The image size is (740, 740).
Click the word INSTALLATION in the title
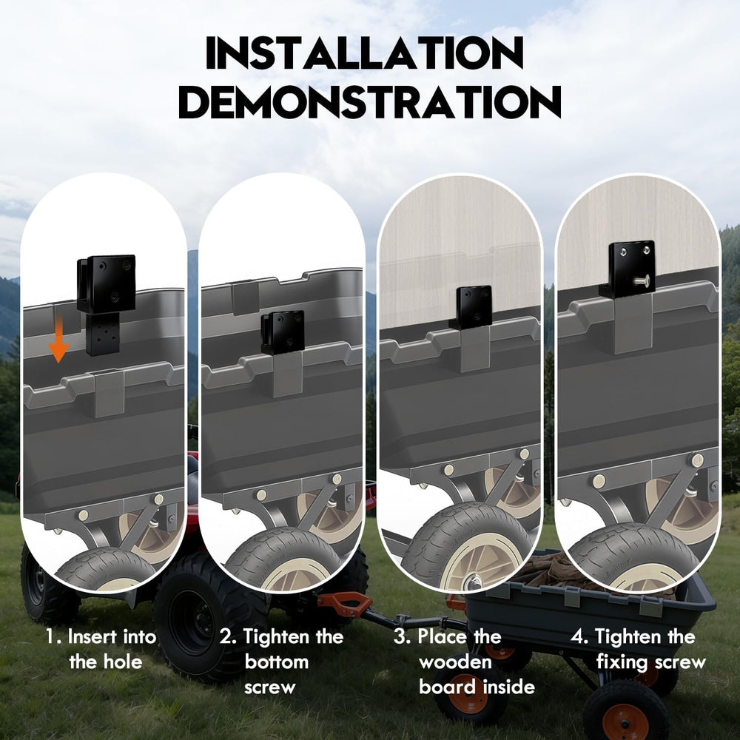point(365,52)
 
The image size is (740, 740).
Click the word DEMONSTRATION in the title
point(369,101)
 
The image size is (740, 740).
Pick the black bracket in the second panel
point(282,332)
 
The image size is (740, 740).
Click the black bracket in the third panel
point(471,307)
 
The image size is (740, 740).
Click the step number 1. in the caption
point(53,636)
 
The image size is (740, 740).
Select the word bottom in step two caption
point(277,662)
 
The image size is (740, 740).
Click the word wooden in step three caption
point(455,662)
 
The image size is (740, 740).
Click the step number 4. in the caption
point(579,636)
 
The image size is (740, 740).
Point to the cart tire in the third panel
point(465,548)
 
